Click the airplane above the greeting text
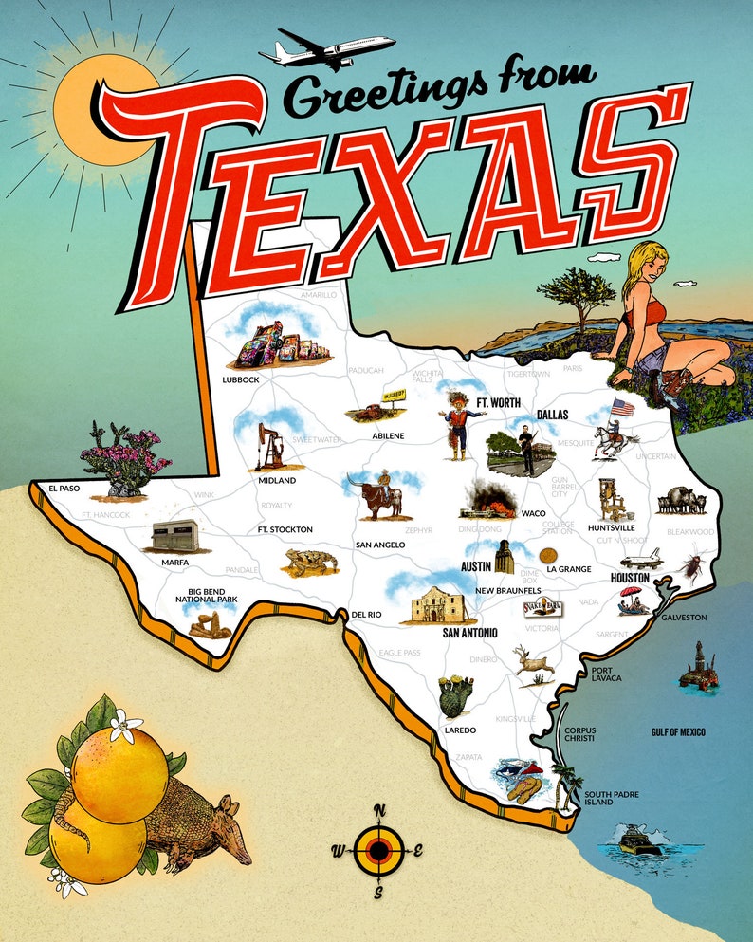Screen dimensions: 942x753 click(327, 49)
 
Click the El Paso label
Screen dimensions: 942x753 click(65, 489)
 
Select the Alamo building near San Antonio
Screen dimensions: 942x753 click(437, 604)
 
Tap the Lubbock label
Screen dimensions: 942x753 click(240, 379)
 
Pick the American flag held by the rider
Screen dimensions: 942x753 click(621, 407)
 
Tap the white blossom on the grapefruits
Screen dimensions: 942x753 click(124, 727)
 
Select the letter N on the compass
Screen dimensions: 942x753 click(379, 809)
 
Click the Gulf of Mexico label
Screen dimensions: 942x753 click(678, 732)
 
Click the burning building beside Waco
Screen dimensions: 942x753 click(489, 499)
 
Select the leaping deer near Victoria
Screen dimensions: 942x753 click(533, 661)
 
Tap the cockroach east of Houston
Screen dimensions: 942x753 click(689, 567)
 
